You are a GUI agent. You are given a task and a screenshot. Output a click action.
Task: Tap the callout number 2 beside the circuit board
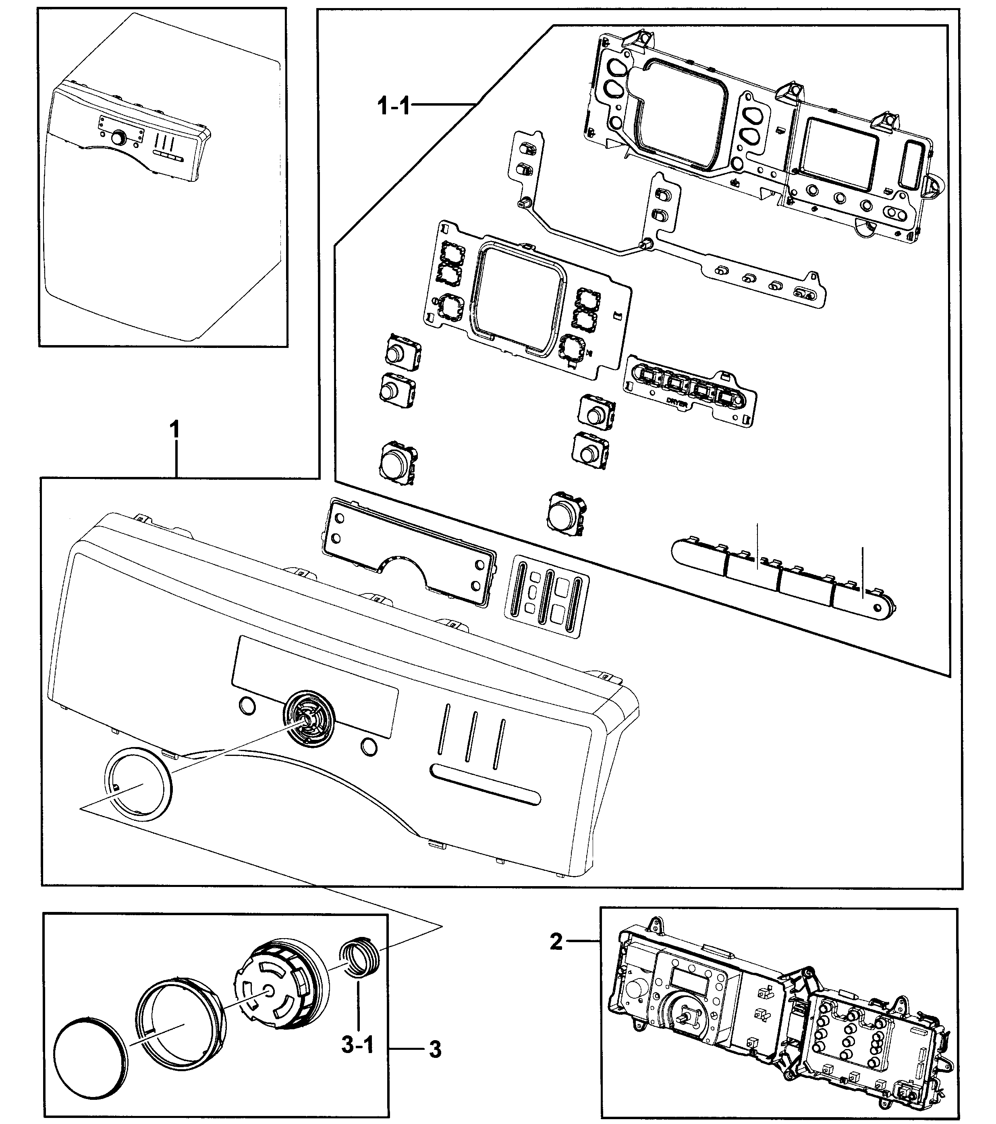coord(556,942)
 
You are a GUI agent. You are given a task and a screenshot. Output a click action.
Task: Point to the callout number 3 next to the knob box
coord(435,1050)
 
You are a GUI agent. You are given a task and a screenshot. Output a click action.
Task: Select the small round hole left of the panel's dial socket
coord(247,706)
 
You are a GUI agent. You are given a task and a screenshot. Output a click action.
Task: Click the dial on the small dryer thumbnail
coord(118,137)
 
